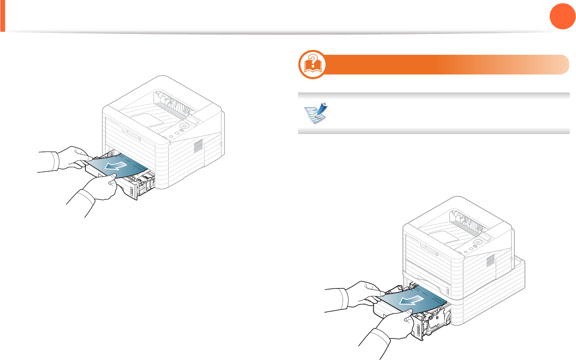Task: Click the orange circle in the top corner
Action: pyautogui.click(x=562, y=16)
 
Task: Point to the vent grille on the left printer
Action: pyautogui.click(x=198, y=146)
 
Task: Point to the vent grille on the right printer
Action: pyautogui.click(x=491, y=260)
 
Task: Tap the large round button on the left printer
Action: pyautogui.click(x=184, y=126)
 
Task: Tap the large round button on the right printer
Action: pyautogui.click(x=477, y=242)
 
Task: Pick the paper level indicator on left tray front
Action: pyautogui.click(x=131, y=192)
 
